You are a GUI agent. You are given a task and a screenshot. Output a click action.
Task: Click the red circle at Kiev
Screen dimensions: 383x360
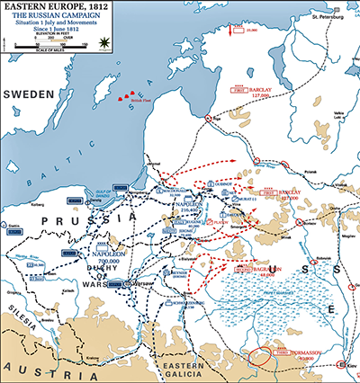[x=341, y=364]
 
